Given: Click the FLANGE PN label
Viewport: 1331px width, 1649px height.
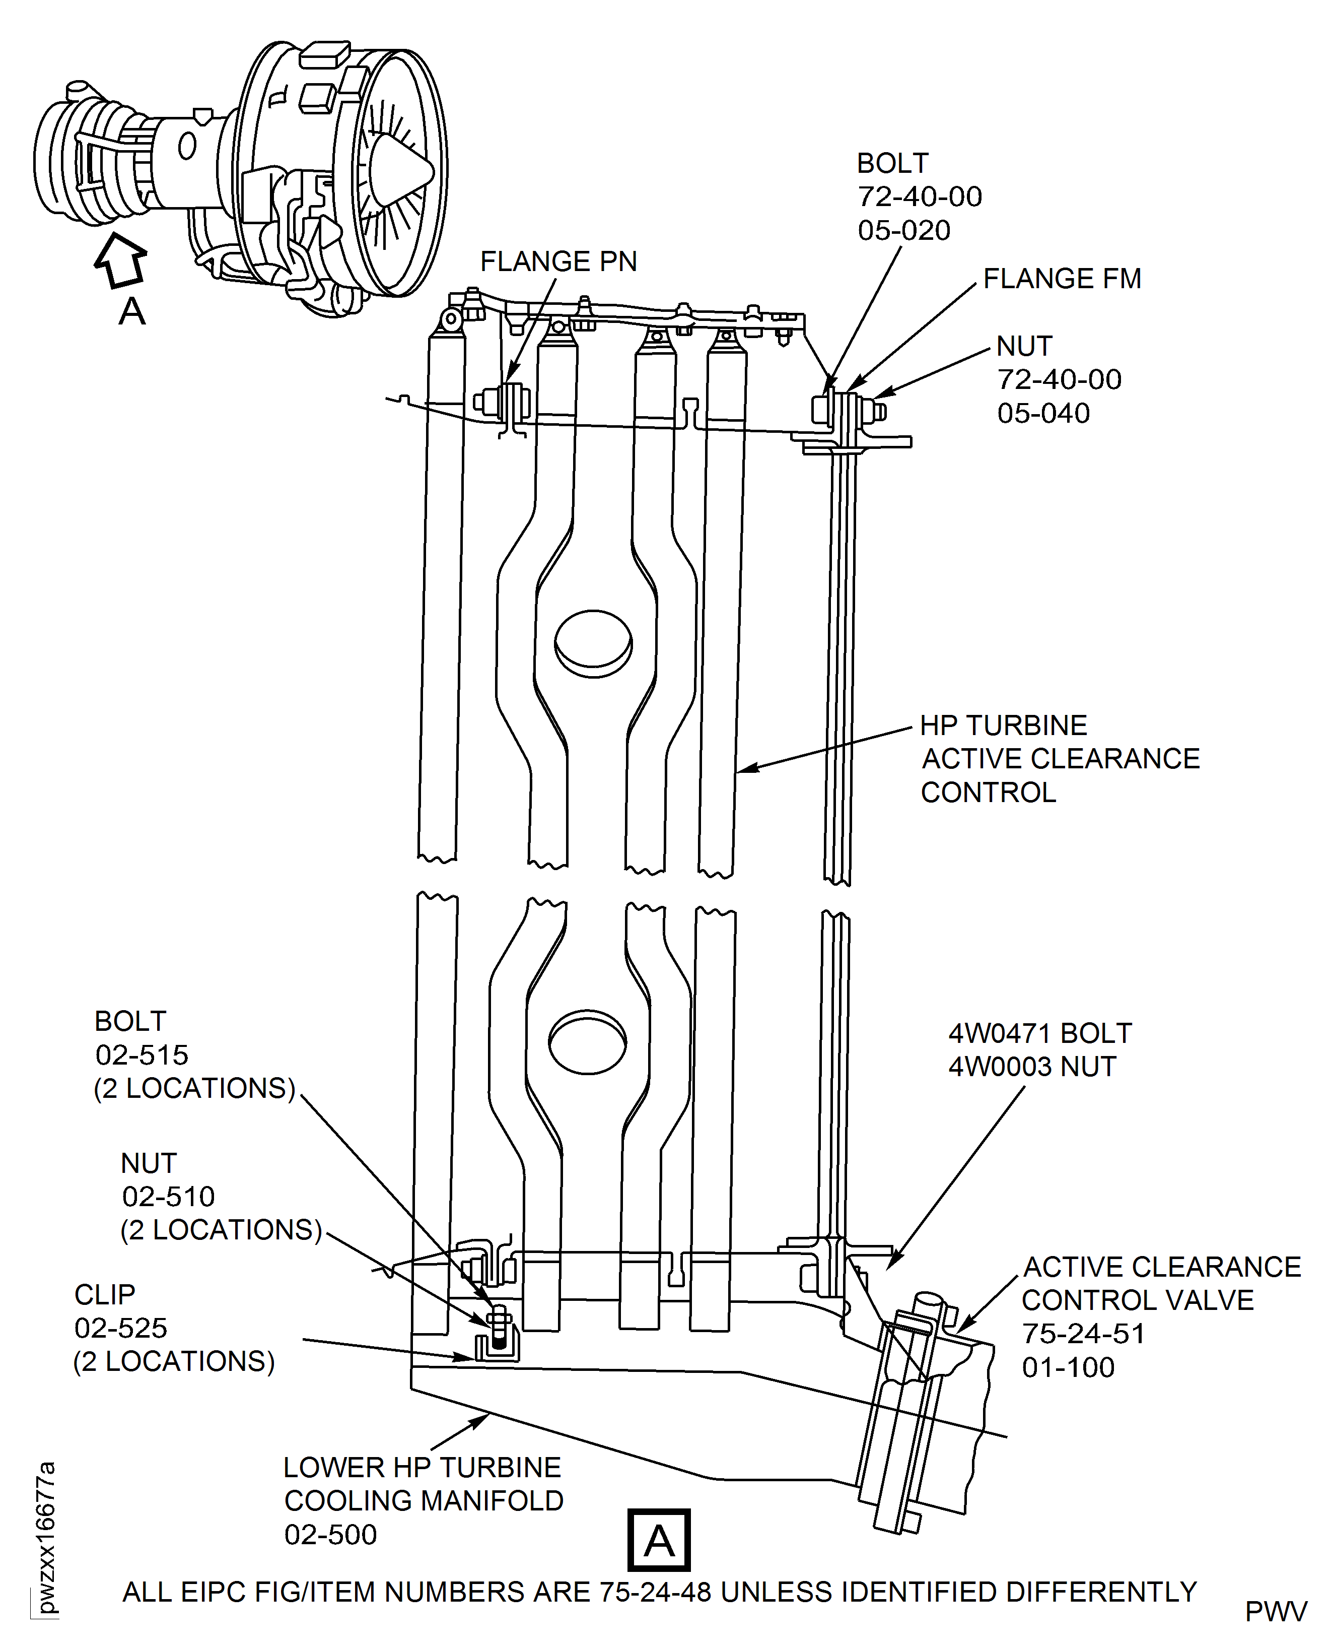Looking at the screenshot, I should pyautogui.click(x=558, y=261).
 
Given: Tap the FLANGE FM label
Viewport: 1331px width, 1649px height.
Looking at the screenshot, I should pyautogui.click(x=1062, y=279).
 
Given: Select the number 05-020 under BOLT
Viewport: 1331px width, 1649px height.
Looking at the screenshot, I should pyautogui.click(x=904, y=230).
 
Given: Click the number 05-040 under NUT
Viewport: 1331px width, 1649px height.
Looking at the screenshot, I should pyautogui.click(x=1043, y=414).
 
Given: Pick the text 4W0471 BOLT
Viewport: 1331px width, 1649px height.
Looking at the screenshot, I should pyautogui.click(x=1039, y=1033).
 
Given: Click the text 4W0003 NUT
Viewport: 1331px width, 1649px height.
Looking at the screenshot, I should pyautogui.click(x=1032, y=1067).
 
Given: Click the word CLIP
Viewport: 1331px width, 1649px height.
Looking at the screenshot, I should pyautogui.click(x=105, y=1295).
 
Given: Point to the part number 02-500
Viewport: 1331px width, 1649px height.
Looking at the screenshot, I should pyautogui.click(x=330, y=1534).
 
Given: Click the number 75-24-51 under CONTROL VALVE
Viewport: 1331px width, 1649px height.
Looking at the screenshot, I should pyautogui.click(x=1083, y=1334).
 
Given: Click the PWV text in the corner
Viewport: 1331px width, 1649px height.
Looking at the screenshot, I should pyautogui.click(x=1276, y=1612).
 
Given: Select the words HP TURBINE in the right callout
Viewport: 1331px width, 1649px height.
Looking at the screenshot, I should pyautogui.click(x=1003, y=725).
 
